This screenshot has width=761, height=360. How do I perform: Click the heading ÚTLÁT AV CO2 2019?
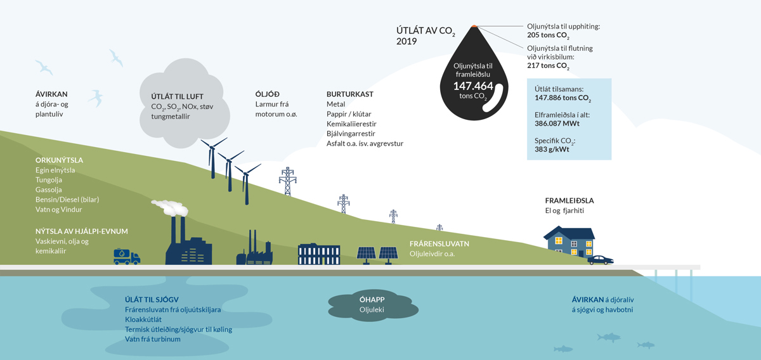(x=426, y=35)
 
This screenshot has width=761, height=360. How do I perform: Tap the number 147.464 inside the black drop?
(x=472, y=86)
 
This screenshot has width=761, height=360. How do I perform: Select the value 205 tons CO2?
(x=548, y=36)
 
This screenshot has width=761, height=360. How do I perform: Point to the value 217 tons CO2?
(x=548, y=66)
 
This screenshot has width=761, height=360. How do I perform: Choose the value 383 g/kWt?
(x=552, y=150)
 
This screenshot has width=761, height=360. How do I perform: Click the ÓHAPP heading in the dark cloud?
(x=372, y=300)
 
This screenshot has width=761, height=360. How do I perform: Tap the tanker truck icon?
(x=127, y=256)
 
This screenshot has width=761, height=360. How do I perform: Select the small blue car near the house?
(x=600, y=260)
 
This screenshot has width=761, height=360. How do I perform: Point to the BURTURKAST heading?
(x=349, y=94)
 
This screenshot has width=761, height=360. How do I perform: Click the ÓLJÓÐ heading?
(x=267, y=94)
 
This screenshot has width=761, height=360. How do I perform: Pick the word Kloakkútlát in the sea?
(x=143, y=319)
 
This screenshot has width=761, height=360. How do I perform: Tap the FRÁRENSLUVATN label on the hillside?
(x=439, y=244)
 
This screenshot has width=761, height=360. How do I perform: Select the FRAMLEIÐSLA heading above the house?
(x=569, y=201)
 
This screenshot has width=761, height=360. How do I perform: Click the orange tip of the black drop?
(x=474, y=27)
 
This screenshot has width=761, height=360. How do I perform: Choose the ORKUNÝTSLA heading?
(x=59, y=160)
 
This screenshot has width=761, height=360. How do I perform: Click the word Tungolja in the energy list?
(x=49, y=180)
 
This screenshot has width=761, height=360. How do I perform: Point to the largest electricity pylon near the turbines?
(x=287, y=182)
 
